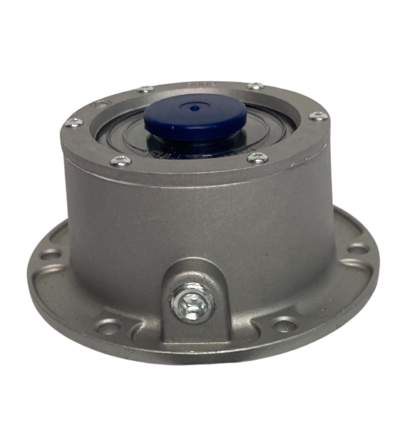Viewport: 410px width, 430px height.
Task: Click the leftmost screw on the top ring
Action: [x=74, y=122]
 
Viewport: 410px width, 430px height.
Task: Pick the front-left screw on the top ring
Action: [x=121, y=161]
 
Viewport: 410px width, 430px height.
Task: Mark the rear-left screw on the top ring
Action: [x=145, y=89]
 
